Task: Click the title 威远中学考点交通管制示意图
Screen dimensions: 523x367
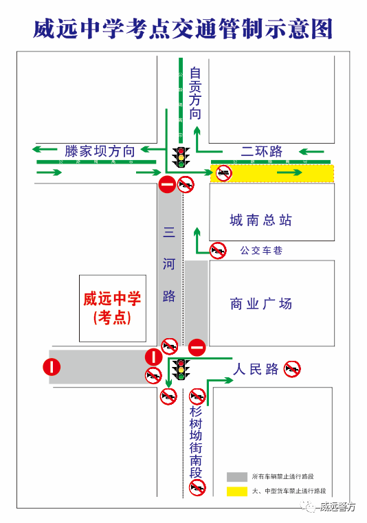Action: point(183,28)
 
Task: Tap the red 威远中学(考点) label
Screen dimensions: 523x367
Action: point(112,308)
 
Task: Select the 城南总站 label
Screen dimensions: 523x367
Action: point(261,220)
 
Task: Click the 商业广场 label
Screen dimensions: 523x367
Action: point(261,303)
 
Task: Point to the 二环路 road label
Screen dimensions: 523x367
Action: point(261,151)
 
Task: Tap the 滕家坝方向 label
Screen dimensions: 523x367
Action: point(100,151)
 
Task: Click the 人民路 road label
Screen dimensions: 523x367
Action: point(256,369)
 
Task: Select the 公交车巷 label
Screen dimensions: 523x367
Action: point(260,251)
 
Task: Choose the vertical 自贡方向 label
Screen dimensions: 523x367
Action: point(196,92)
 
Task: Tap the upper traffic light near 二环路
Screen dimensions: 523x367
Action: point(181,157)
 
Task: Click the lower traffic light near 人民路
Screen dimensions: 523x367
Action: point(181,370)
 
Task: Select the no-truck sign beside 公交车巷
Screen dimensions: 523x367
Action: point(219,250)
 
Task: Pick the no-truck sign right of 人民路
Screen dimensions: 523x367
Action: point(292,369)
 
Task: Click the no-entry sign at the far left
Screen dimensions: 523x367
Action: point(52,367)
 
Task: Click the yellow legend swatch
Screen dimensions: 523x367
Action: point(236,491)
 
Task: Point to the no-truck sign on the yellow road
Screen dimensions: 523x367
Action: point(223,173)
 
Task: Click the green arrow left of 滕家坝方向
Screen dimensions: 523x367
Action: point(45,149)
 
